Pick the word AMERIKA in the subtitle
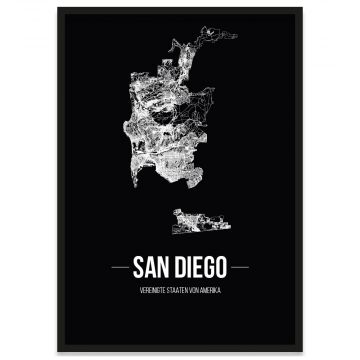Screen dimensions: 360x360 point(212,291)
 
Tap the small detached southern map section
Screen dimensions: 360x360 point(200,217)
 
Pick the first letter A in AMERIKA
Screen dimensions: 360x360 point(203,291)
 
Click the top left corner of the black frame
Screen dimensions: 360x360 point(58,9)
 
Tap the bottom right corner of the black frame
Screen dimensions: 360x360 point(301,351)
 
